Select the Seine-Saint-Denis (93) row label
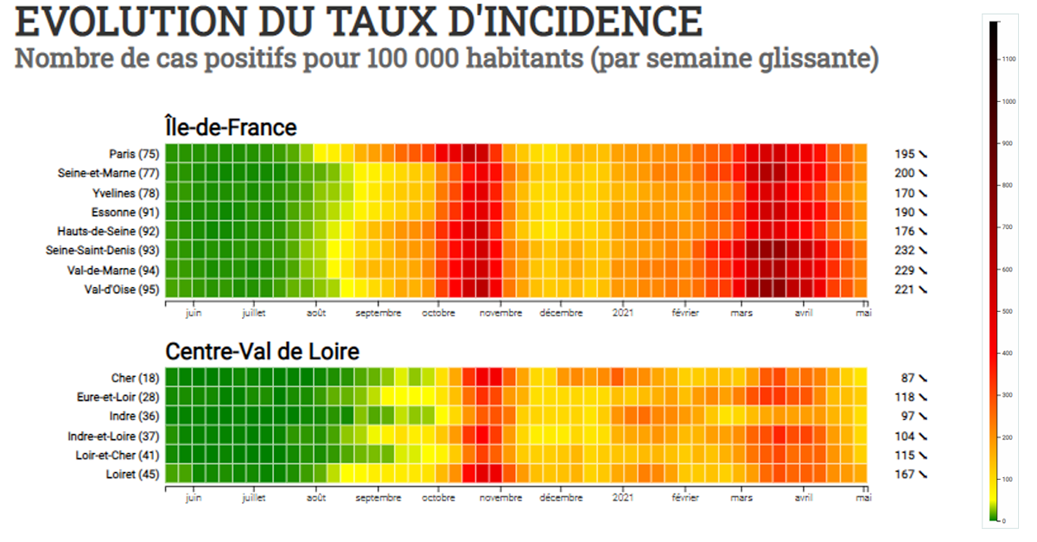102,251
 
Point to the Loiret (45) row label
132,474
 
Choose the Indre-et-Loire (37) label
114,436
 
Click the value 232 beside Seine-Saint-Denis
904,251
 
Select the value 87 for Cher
907,378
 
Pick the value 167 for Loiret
904,474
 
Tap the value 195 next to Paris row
904,154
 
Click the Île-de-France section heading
231,127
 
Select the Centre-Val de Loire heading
262,352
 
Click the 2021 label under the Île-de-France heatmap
623,313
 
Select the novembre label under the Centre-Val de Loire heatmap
500,498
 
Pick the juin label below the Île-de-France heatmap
194,313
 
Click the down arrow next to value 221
923,290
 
